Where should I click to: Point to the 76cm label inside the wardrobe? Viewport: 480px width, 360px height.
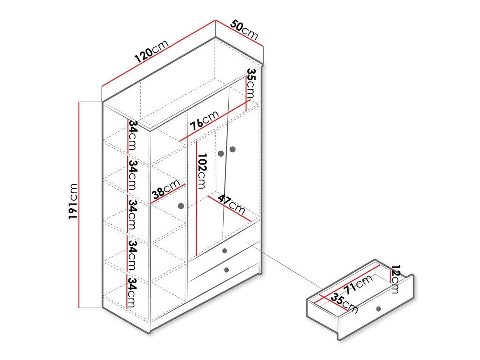point(204,121)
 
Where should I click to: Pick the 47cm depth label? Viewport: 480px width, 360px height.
point(231,202)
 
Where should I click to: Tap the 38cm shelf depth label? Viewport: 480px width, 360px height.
point(166,190)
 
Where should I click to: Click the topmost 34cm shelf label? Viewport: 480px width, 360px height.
point(132,135)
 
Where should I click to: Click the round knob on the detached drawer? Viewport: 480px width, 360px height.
point(379,309)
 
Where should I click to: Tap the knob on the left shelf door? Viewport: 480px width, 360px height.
point(182,206)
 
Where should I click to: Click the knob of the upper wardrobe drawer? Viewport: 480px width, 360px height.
point(225,251)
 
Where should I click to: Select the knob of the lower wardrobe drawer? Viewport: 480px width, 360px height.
point(226,270)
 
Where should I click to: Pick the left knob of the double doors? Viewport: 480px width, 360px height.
point(221,153)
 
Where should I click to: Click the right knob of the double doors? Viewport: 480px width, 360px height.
point(232,149)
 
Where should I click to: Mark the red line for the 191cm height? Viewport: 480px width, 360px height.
point(80,204)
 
